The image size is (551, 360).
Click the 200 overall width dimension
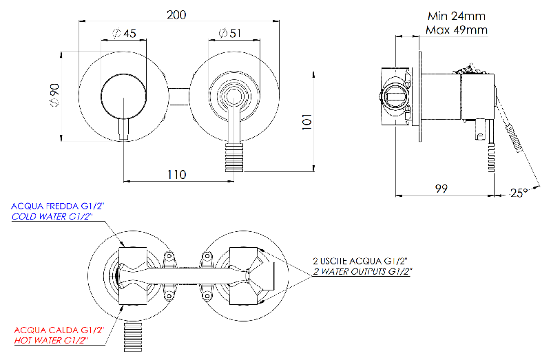[x=176, y=15]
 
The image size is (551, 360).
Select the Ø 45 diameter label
[x=124, y=34]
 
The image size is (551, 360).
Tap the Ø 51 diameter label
[x=229, y=33]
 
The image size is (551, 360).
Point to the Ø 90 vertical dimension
[x=54, y=95]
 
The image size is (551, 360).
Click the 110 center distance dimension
[x=176, y=175]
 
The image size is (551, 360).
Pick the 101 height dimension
[x=307, y=122]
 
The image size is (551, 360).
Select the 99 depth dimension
[x=441, y=189]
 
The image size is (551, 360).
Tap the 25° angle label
[x=519, y=193]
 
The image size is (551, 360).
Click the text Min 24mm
[x=457, y=16]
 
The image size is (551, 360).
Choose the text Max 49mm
[x=457, y=30]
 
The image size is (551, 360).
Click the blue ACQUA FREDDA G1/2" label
[x=58, y=207]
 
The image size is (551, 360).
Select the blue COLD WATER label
[x=52, y=217]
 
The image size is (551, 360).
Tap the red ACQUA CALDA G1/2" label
[x=59, y=330]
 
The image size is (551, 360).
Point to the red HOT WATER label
[x=51, y=340]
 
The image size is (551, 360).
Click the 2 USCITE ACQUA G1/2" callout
[x=360, y=261]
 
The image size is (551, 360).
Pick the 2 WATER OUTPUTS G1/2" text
[x=362, y=271]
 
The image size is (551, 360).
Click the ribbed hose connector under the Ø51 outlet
[x=234, y=158]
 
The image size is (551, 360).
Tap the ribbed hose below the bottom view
[x=133, y=336]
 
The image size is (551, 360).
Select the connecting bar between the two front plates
[x=179, y=96]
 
